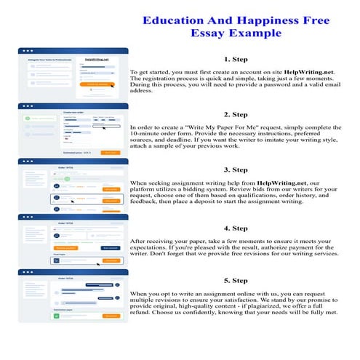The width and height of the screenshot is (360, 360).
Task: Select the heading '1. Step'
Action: pyautogui.click(x=236, y=60)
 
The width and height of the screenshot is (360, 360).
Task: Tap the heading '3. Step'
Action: pyautogui.click(x=236, y=169)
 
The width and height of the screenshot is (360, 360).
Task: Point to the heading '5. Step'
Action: pyautogui.click(x=236, y=279)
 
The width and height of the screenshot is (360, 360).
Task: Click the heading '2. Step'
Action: pyautogui.click(x=236, y=114)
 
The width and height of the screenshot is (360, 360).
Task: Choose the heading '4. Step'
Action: pyautogui.click(x=236, y=225)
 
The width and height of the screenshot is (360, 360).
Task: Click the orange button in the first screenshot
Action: pyautogui.click(x=97, y=84)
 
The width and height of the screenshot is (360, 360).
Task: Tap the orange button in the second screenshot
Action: pyautogui.click(x=110, y=153)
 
